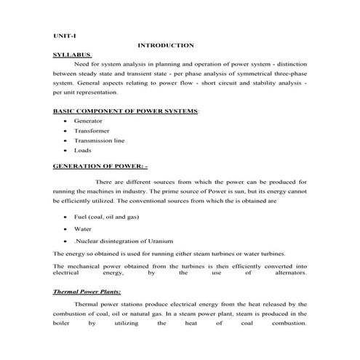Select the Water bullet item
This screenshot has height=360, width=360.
82,228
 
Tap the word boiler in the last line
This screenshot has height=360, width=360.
63,324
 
